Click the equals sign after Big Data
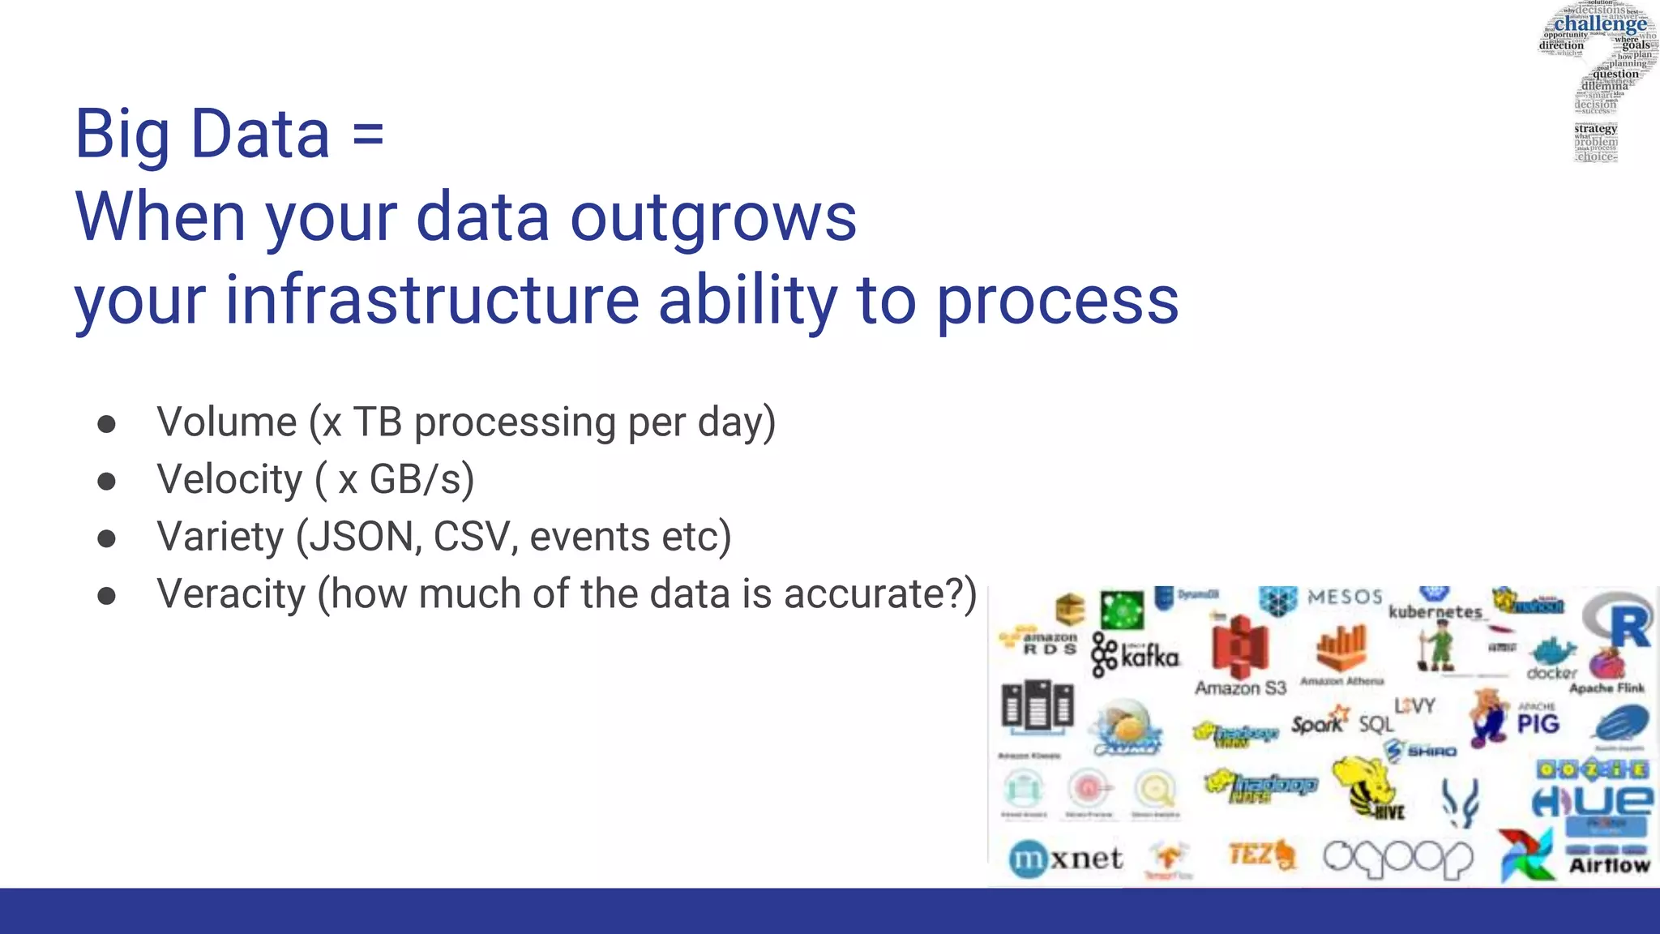click(368, 135)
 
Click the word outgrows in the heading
click(713, 217)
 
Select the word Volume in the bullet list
click(227, 422)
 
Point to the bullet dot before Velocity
click(106, 482)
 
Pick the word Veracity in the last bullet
click(231, 594)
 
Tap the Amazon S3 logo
click(1239, 653)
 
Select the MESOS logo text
click(1344, 598)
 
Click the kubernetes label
click(1435, 611)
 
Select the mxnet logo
click(1066, 859)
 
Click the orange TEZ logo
click(1260, 855)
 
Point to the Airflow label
click(1609, 866)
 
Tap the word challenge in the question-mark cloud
click(1600, 24)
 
